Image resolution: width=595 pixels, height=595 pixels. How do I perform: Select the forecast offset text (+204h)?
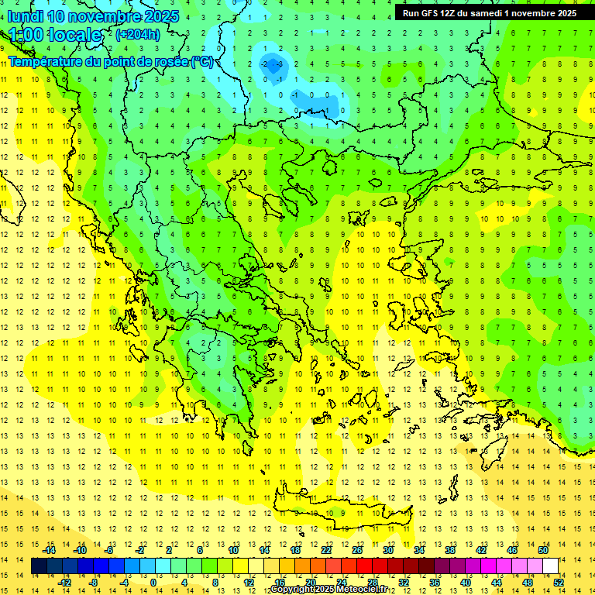pyautogui.click(x=138, y=34)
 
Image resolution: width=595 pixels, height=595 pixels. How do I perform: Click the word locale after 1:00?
pyautogui.click(x=74, y=35)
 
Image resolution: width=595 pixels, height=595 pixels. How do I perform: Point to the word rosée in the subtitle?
pyautogui.click(x=165, y=62)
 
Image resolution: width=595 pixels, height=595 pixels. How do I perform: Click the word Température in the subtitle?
pyautogui.click(x=46, y=62)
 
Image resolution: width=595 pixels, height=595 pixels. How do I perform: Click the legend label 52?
pyautogui.click(x=559, y=583)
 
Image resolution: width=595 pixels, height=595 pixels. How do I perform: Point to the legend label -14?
pyautogui.click(x=49, y=550)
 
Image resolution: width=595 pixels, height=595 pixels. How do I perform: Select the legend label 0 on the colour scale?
pyautogui.click(x=153, y=583)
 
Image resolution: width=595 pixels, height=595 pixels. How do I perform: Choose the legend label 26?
pyautogui.click(x=357, y=550)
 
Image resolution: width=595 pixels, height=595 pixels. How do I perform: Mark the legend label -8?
pyautogui.click(x=94, y=583)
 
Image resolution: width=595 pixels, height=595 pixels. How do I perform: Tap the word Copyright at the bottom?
pyautogui.click(x=292, y=590)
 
